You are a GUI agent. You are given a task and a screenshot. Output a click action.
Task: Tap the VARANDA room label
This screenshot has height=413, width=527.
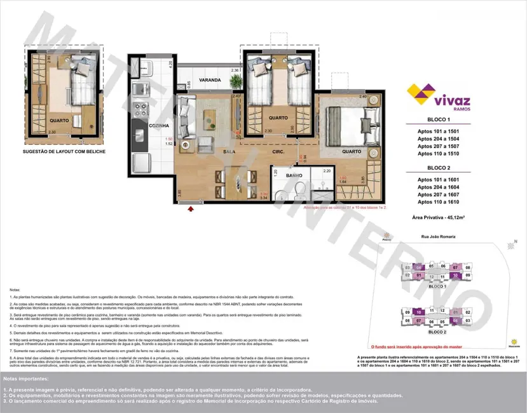(209, 80)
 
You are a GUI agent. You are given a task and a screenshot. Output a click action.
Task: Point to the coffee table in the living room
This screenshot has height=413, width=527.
(209, 118)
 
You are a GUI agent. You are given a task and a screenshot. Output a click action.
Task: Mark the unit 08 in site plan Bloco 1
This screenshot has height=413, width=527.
(468, 267)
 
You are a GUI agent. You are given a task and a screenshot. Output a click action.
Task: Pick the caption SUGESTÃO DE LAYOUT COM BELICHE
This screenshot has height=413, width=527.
(64, 152)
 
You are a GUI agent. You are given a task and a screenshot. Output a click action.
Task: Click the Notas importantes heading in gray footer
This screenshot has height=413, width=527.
(29, 379)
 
